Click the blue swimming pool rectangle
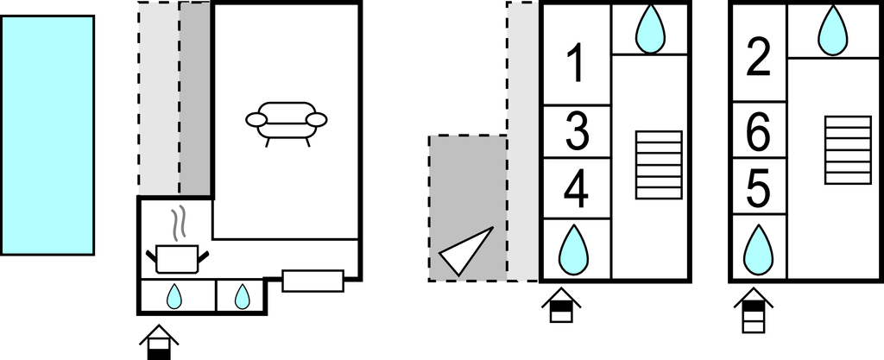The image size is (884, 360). [47, 136]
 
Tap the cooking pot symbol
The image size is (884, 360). [177, 259]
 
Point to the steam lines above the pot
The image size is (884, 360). [178, 224]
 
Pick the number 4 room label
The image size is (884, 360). [576, 189]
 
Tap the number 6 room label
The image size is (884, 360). [758, 132]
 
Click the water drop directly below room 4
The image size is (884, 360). [573, 249]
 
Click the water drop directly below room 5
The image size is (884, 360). [758, 249]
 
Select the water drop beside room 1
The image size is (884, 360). [650, 29]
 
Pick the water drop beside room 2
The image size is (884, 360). [833, 30]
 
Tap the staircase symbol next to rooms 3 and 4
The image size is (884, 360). [659, 165]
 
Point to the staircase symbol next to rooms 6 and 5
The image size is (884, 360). [848, 150]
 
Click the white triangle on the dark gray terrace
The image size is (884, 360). [465, 250]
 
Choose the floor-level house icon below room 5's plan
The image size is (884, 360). [753, 310]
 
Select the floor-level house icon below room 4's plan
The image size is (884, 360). [561, 305]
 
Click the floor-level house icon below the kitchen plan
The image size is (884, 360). [159, 342]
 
